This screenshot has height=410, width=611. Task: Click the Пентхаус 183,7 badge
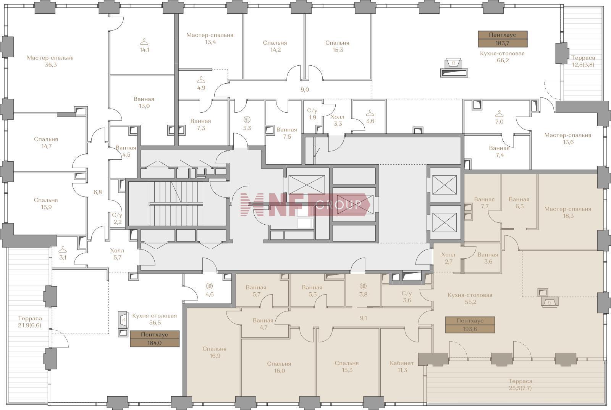pyautogui.click(x=503, y=39)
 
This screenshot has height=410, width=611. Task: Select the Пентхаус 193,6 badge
pyautogui.click(x=470, y=325)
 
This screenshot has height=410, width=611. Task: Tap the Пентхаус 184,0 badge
pyautogui.click(x=154, y=339)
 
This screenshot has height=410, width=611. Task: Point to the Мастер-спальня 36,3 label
pyautogui.click(x=50, y=61)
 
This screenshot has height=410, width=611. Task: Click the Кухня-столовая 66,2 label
pyautogui.click(x=503, y=57)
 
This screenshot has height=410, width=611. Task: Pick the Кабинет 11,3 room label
pyautogui.click(x=402, y=366)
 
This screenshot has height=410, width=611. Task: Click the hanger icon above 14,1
pyautogui.click(x=144, y=42)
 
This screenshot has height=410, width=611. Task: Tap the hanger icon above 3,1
pyautogui.click(x=63, y=250)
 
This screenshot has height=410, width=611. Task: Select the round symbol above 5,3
pyautogui.click(x=247, y=120)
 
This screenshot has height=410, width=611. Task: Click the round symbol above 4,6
pyautogui.click(x=210, y=286)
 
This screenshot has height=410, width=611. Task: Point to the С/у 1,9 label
pyautogui.click(x=312, y=114)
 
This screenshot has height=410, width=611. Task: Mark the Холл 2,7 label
pyautogui.click(x=448, y=258)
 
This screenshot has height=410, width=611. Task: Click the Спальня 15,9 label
pyautogui.click(x=46, y=203)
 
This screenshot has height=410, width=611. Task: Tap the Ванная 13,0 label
pyautogui.click(x=144, y=102)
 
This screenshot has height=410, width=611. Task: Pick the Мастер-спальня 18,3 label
pyautogui.click(x=568, y=212)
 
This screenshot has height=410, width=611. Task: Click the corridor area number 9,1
pyautogui.click(x=363, y=318)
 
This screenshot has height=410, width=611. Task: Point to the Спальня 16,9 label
pyautogui.click(x=215, y=352)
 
